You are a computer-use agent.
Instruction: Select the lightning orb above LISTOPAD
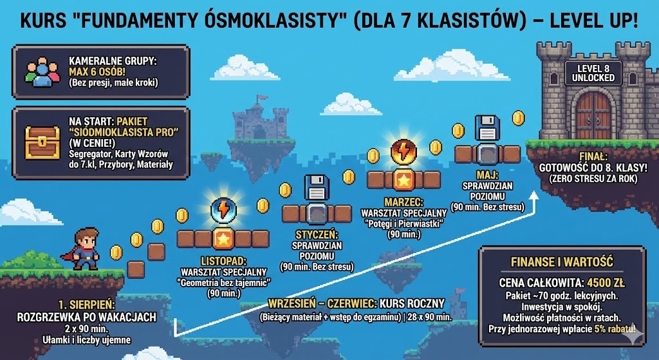coord(223,209)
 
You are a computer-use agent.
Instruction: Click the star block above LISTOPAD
coord(223,240)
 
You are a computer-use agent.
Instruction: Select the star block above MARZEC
coord(404,180)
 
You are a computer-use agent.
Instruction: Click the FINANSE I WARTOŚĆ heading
coord(562,262)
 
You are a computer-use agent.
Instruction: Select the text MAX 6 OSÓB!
coord(97,71)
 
